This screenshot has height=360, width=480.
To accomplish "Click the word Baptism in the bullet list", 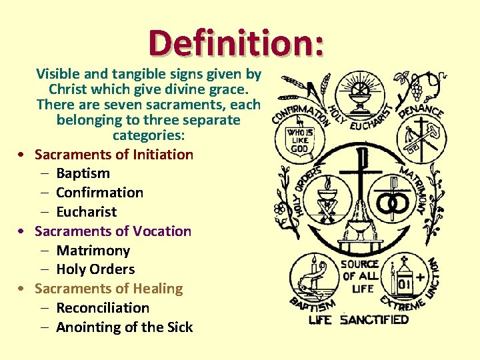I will click(83, 173).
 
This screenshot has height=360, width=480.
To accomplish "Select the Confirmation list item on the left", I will click(99, 193).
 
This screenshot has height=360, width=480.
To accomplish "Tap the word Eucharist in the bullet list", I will click(86, 212).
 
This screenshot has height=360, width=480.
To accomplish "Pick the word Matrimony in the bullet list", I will click(93, 251).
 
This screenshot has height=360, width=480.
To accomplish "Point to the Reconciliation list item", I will click(103, 308).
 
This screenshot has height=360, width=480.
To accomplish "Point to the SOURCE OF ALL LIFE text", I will click(361, 276).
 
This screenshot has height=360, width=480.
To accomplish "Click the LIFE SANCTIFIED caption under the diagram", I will click(359, 320).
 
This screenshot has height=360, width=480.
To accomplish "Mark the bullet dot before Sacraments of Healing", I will click(23, 289).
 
